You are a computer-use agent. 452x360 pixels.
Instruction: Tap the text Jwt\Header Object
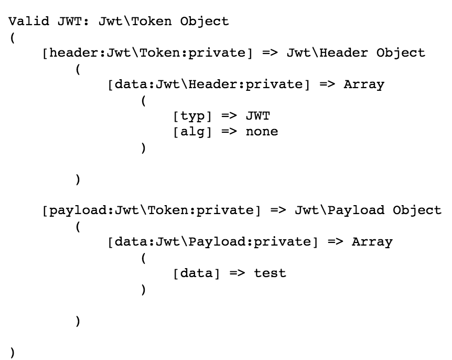click(x=356, y=53)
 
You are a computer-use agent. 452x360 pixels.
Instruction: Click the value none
click(x=262, y=132)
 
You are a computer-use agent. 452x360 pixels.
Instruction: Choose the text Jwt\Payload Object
click(x=368, y=210)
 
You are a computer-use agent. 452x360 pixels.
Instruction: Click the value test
click(x=270, y=273)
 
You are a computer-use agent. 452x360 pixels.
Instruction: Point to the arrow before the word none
click(x=229, y=132)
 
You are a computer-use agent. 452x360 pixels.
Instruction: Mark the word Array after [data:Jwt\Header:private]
click(x=364, y=84)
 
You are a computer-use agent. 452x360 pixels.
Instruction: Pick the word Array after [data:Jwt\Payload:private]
click(x=372, y=242)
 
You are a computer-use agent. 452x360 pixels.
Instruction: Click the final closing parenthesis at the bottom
click(x=13, y=352)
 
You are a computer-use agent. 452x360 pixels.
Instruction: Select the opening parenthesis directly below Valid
click(x=13, y=37)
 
